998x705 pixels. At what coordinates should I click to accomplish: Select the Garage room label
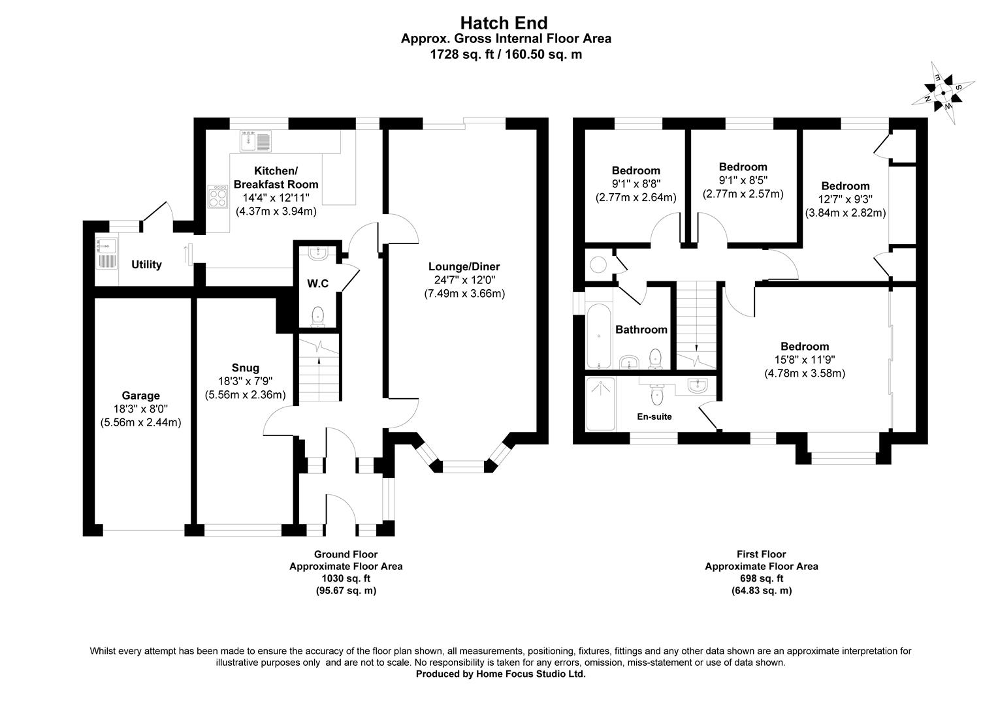pos(140,396)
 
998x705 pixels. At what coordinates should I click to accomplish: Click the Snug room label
pos(245,368)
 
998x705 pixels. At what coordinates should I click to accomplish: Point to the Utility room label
pos(146,264)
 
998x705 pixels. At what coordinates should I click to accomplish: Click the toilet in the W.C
pos(318,316)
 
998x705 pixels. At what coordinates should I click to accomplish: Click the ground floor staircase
pos(319,369)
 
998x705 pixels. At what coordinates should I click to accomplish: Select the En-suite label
pos(654,416)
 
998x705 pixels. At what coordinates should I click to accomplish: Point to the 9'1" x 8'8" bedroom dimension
pos(636,184)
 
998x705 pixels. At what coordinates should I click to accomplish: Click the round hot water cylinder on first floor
pos(598,264)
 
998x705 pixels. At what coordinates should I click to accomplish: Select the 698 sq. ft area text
pos(761,578)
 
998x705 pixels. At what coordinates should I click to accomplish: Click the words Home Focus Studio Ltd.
pos(528,674)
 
